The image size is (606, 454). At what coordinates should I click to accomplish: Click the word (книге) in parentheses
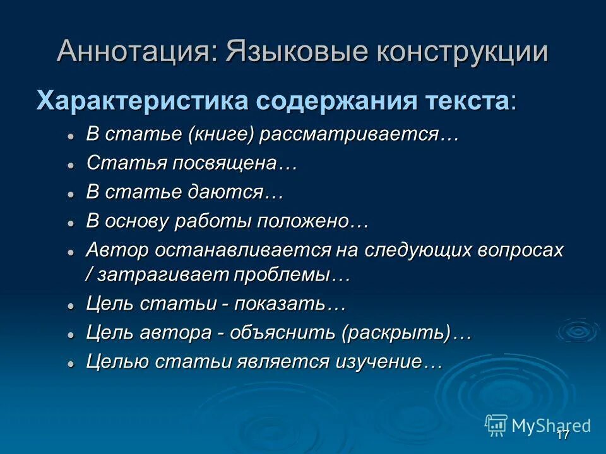(219, 134)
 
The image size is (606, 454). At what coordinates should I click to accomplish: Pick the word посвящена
(223, 163)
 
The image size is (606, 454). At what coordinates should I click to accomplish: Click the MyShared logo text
(550, 425)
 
